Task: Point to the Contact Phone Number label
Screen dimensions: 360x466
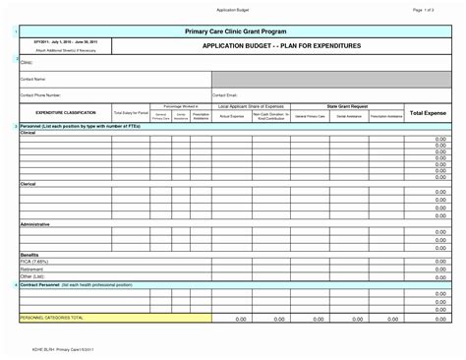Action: pyautogui.click(x=43, y=94)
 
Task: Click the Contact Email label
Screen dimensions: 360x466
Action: pyautogui.click(x=226, y=94)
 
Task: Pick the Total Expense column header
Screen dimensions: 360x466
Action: pyautogui.click(x=429, y=114)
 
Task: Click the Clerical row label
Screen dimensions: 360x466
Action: pyautogui.click(x=28, y=183)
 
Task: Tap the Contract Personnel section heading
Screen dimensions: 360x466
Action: pyautogui.click(x=64, y=283)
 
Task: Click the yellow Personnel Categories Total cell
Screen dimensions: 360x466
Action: pyautogui.click(x=114, y=318)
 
